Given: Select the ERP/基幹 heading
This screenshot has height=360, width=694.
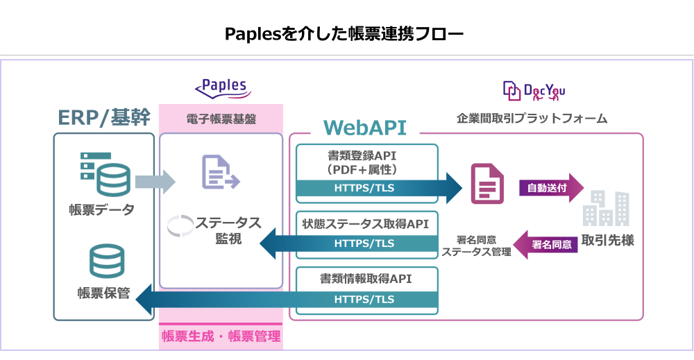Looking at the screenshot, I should [103, 117].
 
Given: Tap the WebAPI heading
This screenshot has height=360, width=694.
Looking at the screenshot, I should [364, 127].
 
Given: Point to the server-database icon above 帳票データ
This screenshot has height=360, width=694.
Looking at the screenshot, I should [103, 173].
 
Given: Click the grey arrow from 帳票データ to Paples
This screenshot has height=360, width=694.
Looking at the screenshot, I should [155, 182].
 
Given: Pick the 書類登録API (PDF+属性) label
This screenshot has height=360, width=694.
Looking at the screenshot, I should [366, 162].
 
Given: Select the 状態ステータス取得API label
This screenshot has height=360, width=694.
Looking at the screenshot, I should [366, 224].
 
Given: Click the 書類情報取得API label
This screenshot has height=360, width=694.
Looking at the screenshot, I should [366, 279].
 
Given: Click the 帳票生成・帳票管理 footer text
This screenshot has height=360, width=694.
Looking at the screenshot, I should [221, 336].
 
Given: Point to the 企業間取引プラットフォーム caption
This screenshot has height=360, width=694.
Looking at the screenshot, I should [532, 119].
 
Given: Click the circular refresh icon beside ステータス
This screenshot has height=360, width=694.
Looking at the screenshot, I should [182, 225].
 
